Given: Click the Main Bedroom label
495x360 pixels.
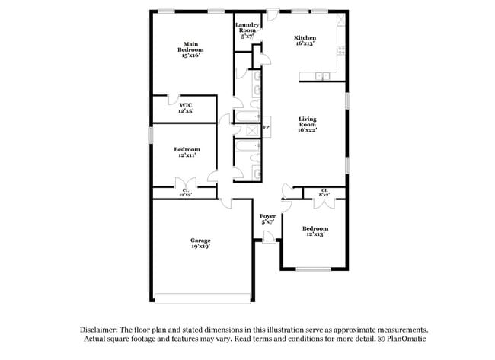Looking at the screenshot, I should (190, 49).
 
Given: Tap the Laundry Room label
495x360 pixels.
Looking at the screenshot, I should (247, 30).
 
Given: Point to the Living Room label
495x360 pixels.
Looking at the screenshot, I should (308, 125).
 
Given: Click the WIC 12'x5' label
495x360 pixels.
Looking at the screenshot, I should (186, 108).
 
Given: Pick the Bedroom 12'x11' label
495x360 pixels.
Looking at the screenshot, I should (187, 152).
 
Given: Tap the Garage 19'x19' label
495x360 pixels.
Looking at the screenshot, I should (201, 243).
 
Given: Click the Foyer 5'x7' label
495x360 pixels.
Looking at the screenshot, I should (267, 219).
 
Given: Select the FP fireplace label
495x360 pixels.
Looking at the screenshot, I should (267, 127).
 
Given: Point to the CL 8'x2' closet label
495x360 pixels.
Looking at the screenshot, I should (324, 193).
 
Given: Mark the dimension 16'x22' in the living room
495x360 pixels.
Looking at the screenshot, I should (308, 130).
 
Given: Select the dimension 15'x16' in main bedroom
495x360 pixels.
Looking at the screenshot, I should (190, 56).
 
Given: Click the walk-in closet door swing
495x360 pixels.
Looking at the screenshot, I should (174, 100).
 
